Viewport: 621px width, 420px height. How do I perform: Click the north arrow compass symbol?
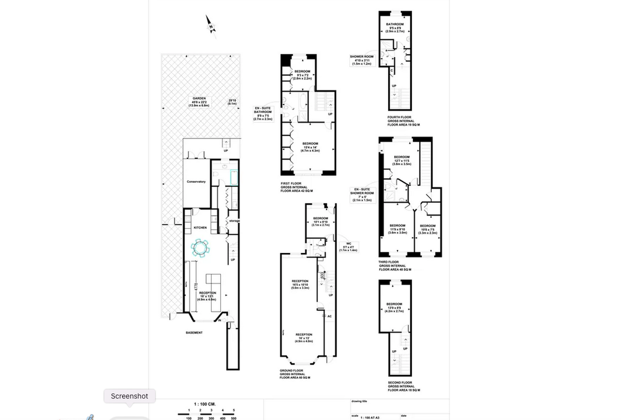tap(210, 24)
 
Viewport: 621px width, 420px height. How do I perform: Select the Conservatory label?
tap(196, 181)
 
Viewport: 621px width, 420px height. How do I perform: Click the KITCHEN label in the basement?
tap(200, 228)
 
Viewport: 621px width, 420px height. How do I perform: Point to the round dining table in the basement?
tap(200, 248)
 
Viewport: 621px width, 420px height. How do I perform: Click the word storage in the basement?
tap(234, 221)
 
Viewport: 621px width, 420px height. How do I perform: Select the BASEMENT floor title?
tap(194, 333)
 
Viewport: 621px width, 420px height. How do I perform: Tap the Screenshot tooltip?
tap(129, 396)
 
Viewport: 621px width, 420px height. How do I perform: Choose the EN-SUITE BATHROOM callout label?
tap(264, 113)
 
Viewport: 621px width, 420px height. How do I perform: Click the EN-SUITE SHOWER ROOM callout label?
tap(365, 195)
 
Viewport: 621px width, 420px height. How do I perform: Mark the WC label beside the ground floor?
tap(349, 246)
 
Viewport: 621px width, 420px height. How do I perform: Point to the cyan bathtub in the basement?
tap(233, 177)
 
